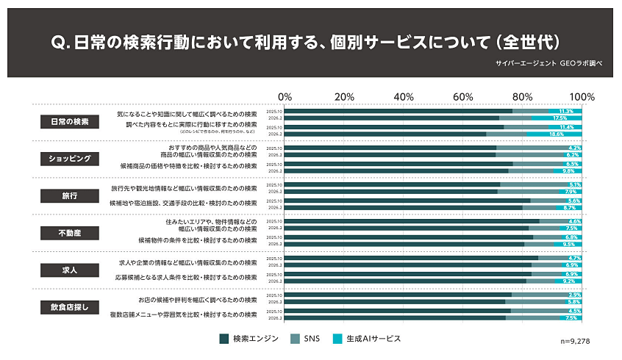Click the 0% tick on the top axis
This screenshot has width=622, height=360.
tap(285, 97)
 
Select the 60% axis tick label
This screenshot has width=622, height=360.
tap(462, 97)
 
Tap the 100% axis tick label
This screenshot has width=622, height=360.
tap(582, 97)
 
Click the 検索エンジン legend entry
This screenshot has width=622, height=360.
tap(249, 339)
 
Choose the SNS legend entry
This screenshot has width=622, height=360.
tap(306, 339)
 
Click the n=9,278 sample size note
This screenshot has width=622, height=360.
tap(575, 342)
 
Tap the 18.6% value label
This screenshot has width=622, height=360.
tap(557, 134)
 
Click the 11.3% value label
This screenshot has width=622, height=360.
tap(566, 111)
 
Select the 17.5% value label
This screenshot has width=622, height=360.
tap(560, 118)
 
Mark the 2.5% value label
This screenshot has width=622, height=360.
tap(575, 295)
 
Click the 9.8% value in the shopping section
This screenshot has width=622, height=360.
tap(568, 171)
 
